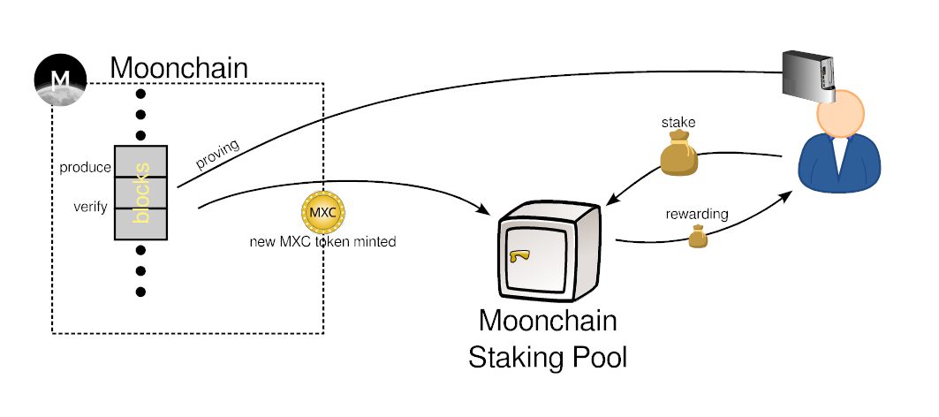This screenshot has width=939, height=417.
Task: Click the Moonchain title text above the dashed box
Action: point(178,67)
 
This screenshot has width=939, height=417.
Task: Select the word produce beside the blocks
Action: point(86,167)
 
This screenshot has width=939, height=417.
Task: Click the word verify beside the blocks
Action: point(91,207)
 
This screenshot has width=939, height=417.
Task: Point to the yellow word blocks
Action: point(141,192)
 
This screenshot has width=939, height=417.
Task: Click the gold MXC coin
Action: point(323,212)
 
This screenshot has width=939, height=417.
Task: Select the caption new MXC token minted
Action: point(322,240)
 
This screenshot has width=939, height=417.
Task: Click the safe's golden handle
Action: point(519,256)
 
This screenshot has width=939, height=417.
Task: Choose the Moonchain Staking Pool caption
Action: point(548,339)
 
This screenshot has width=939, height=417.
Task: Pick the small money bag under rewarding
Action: point(699,236)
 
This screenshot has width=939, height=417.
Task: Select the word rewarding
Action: point(697,214)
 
